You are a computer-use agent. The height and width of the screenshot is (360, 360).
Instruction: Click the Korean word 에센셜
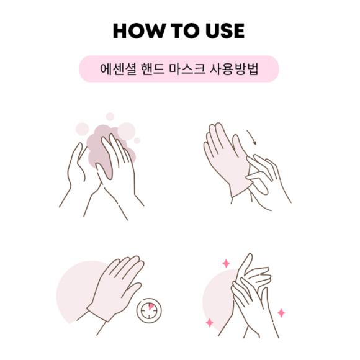pyautogui.click(x=117, y=70)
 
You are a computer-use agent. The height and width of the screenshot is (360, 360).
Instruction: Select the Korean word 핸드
pyautogui.click(x=155, y=70)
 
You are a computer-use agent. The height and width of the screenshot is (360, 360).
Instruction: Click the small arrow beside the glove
pyautogui.click(x=251, y=137)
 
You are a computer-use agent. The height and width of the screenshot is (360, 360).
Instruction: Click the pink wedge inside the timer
pyautogui.click(x=151, y=307)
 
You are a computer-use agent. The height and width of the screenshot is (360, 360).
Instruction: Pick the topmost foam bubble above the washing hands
pyautogui.click(x=110, y=116)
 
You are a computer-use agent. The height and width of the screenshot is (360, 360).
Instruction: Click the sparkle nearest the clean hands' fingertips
pyautogui.click(x=227, y=264)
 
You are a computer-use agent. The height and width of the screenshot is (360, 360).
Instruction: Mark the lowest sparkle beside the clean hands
pyautogui.click(x=209, y=323)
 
